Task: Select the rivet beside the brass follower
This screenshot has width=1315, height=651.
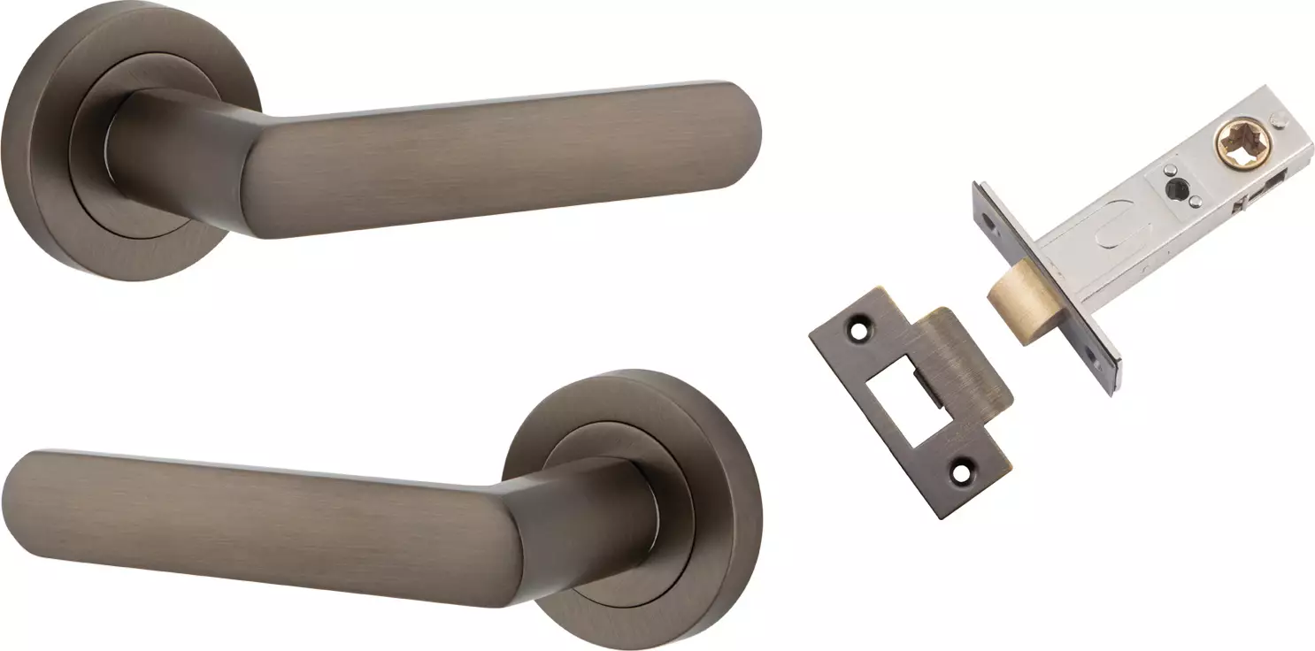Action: pyautogui.click(x=1278, y=118)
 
